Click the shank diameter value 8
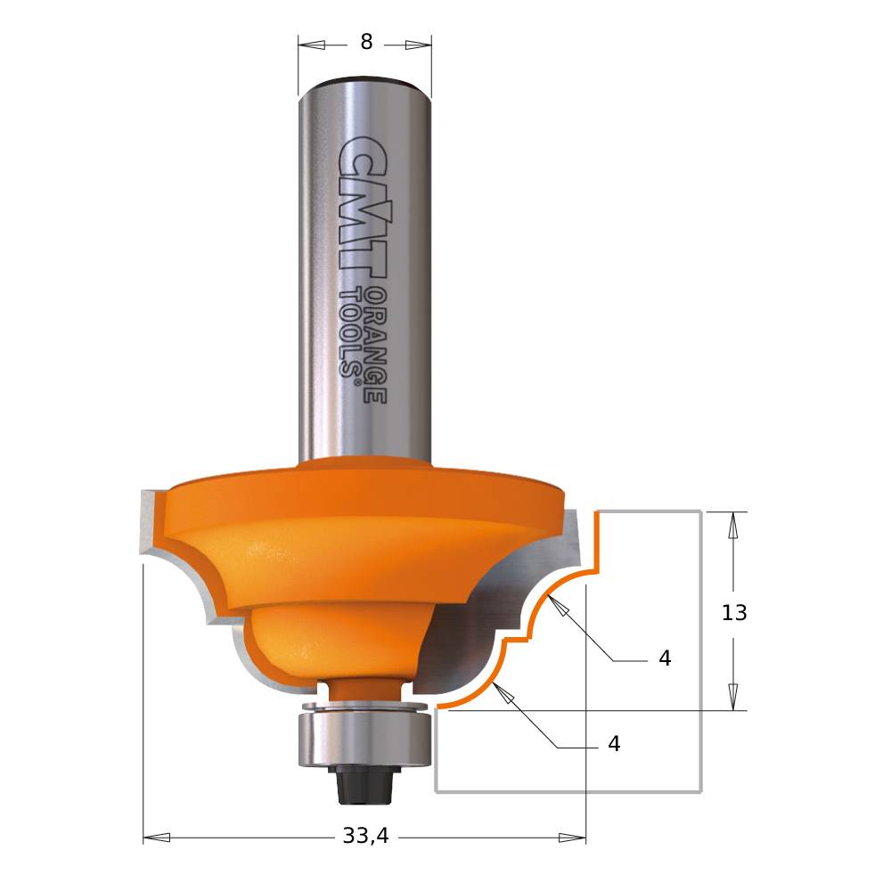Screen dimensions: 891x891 click(366, 43)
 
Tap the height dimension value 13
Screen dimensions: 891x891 click(733, 613)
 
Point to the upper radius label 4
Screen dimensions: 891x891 click(665, 658)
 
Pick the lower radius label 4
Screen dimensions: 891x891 click(614, 744)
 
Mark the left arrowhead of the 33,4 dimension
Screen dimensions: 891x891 click(156, 838)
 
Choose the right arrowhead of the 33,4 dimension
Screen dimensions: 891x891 click(573, 838)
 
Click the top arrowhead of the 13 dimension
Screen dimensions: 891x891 click(733, 526)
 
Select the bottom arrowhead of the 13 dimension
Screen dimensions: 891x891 click(733, 697)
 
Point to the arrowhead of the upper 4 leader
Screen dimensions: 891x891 click(558, 606)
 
